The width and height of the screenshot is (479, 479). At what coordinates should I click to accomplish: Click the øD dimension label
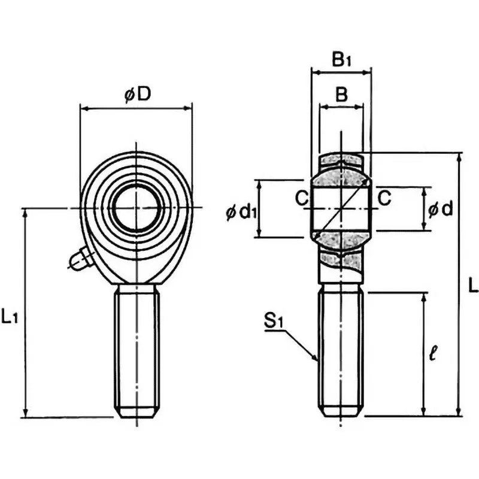[137, 95]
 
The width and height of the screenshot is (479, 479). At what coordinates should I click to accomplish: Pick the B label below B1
[341, 94]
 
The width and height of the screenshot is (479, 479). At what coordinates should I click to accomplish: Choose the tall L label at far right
[472, 285]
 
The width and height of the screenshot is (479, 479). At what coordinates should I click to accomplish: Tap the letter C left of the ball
[301, 197]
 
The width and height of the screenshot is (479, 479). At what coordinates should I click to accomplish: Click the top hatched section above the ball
[341, 161]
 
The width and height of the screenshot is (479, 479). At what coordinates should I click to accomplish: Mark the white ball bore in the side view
[341, 208]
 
